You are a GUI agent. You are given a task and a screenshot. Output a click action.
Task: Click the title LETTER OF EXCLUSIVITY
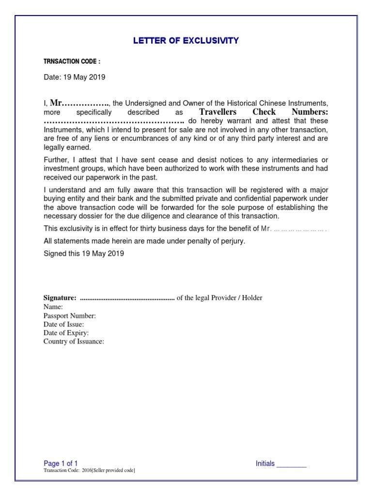click(x=186, y=41)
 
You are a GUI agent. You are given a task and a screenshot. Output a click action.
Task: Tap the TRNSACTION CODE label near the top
click(x=72, y=62)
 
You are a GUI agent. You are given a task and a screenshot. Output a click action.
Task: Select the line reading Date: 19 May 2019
click(x=74, y=77)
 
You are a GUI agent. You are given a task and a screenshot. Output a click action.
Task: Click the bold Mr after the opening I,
click(x=57, y=103)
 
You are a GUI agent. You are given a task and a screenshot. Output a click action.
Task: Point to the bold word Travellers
click(x=218, y=112)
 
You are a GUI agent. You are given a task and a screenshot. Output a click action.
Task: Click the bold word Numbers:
click(x=310, y=112)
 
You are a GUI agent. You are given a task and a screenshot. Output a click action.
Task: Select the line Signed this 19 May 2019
click(x=84, y=253)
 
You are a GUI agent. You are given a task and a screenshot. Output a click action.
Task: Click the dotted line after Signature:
click(x=126, y=298)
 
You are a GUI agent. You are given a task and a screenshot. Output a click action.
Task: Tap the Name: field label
click(x=53, y=307)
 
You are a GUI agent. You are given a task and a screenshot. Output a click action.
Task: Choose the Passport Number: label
click(x=70, y=315)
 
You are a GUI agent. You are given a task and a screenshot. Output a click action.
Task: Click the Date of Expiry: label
click(x=66, y=333)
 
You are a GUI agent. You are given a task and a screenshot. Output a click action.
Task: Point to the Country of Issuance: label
click(x=74, y=341)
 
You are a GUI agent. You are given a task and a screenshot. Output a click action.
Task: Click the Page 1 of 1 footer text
click(x=61, y=464)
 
